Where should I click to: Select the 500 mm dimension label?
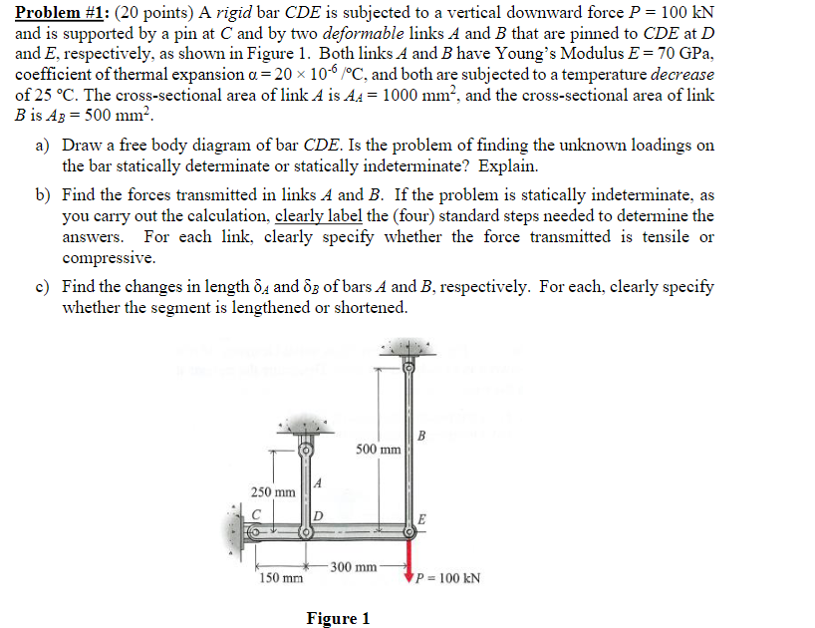[x=378, y=449]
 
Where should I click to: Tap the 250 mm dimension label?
[x=272, y=492]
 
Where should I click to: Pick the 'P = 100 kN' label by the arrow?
[x=447, y=578]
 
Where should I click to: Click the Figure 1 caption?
[x=338, y=618]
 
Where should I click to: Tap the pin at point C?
[x=255, y=532]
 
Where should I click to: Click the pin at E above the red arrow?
[x=407, y=532]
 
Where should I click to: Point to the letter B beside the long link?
[x=422, y=435]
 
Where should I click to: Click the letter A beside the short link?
[x=317, y=483]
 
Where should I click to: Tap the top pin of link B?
[x=407, y=367]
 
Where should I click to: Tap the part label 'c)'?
[x=43, y=287]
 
